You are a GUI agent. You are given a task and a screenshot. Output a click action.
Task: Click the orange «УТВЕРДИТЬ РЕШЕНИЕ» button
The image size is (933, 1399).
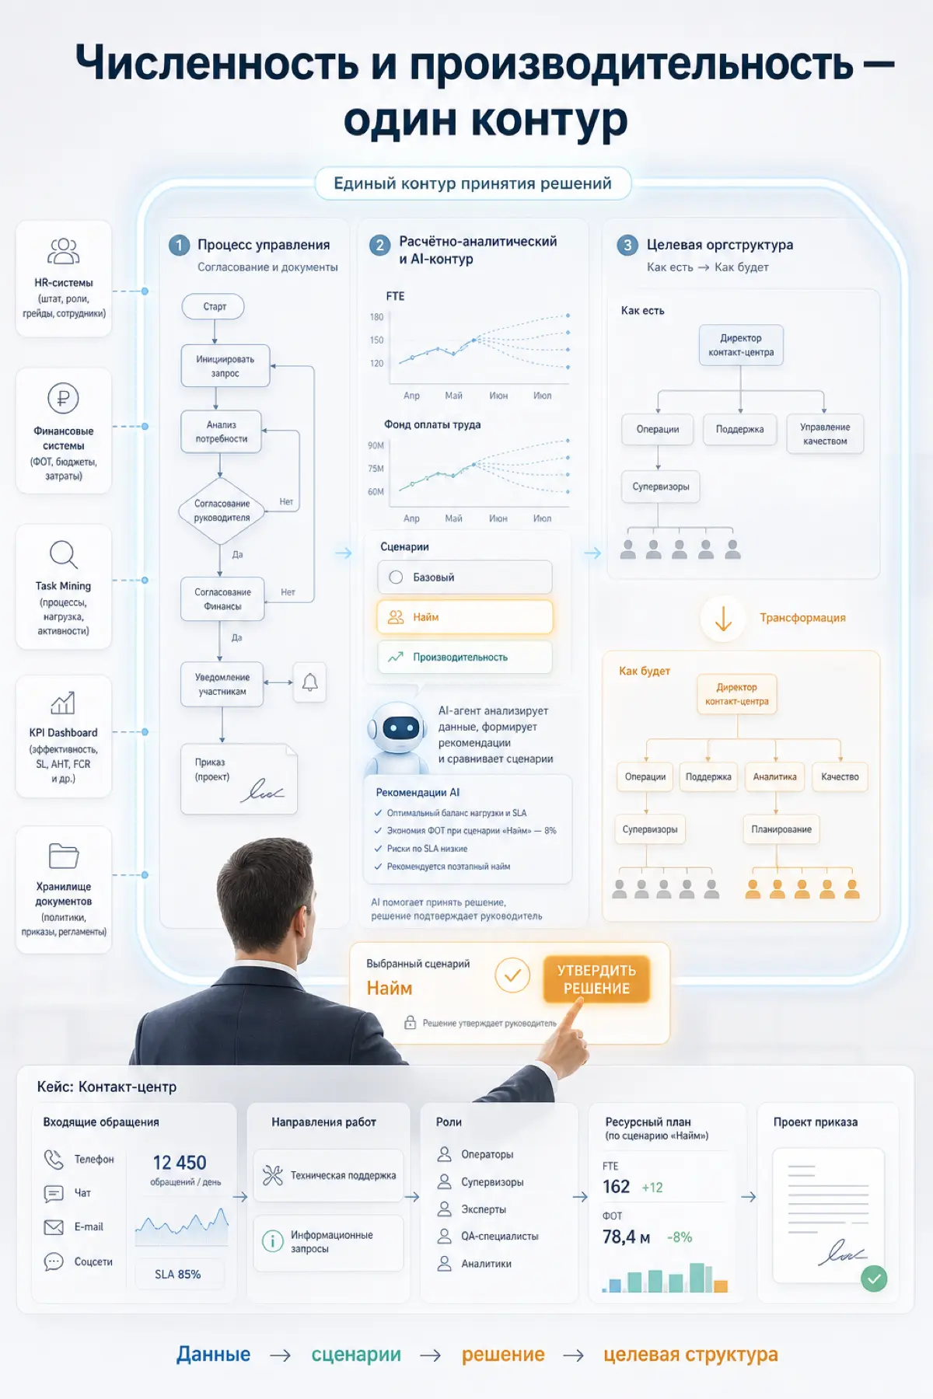(x=596, y=979)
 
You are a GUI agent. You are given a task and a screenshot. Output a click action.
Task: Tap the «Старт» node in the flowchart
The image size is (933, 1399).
(x=214, y=306)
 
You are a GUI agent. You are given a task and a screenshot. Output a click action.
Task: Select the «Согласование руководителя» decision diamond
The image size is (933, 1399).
(x=222, y=511)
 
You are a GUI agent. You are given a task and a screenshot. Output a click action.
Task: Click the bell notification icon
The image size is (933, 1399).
(x=309, y=682)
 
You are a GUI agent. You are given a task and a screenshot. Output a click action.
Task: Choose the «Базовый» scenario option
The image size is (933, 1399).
(x=465, y=577)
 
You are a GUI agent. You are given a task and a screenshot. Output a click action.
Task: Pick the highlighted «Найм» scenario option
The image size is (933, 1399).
(x=465, y=617)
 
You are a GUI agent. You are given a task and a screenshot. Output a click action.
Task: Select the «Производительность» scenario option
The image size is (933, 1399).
(x=465, y=657)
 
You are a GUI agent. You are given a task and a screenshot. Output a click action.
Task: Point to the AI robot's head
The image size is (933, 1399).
(x=399, y=727)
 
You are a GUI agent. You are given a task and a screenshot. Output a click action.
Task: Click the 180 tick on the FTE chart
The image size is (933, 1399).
(x=377, y=317)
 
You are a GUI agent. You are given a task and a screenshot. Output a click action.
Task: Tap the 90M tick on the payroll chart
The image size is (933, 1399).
(x=376, y=445)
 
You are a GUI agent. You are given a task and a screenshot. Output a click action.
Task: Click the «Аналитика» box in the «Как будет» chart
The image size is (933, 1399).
(x=774, y=777)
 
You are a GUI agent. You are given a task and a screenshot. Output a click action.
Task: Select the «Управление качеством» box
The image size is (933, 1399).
(x=825, y=434)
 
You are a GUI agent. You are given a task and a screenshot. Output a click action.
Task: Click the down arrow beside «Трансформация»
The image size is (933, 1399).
(x=723, y=618)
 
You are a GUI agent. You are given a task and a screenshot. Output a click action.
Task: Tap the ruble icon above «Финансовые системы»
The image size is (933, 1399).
(x=64, y=399)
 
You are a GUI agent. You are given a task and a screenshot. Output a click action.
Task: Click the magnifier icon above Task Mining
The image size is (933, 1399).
(x=64, y=555)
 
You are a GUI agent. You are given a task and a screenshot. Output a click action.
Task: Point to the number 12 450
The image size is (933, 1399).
(x=180, y=1163)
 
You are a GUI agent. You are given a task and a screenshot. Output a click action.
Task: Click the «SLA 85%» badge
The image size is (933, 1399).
(x=178, y=1274)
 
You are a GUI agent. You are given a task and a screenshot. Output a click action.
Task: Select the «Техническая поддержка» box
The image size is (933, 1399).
(x=329, y=1175)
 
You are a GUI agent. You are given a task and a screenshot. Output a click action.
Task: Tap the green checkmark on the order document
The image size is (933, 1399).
(x=875, y=1278)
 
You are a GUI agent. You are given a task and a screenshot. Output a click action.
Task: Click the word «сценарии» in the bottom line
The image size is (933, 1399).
(x=356, y=1355)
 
